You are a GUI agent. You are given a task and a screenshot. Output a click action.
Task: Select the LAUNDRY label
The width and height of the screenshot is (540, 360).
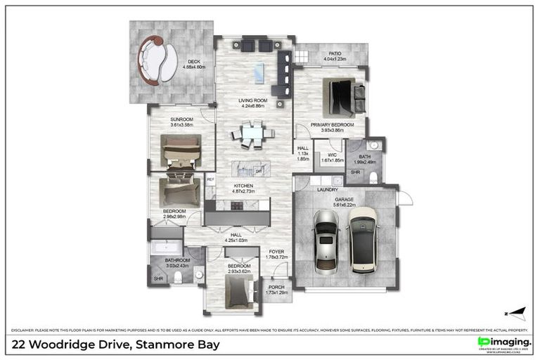tap(328, 190)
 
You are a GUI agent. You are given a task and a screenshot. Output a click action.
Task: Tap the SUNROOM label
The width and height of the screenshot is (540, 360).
tap(181, 120)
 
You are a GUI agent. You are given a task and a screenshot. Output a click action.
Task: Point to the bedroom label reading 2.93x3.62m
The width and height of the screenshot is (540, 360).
tap(234, 267)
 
